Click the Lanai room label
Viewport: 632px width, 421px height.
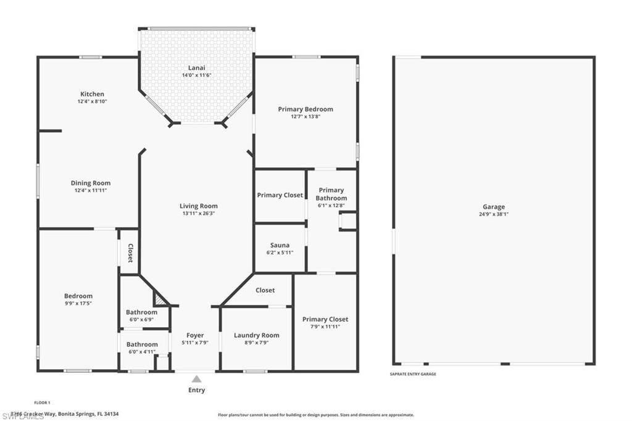click(197, 67)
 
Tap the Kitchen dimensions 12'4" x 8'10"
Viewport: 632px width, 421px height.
click(92, 101)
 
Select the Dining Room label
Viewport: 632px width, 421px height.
click(91, 183)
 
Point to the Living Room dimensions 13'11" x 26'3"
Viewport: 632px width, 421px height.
click(198, 214)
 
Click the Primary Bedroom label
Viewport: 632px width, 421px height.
click(305, 109)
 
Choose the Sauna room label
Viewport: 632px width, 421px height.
click(280, 245)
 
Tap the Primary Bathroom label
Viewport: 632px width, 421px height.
click(331, 194)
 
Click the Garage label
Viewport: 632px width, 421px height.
click(494, 207)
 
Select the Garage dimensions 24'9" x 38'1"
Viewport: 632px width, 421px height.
click(494, 214)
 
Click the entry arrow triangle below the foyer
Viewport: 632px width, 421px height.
click(196, 379)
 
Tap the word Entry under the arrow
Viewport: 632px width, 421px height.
click(196, 390)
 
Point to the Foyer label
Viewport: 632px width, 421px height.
click(195, 335)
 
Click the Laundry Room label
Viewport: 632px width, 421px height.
click(256, 335)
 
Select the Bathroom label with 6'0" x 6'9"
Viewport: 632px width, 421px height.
click(142, 312)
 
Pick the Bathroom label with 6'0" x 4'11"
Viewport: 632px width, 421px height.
click(142, 344)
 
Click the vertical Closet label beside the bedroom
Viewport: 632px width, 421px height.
click(130, 252)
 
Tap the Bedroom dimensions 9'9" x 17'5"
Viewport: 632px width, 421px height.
click(78, 303)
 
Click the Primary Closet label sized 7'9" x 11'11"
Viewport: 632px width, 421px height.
click(325, 319)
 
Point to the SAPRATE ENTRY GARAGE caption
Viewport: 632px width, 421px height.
click(413, 374)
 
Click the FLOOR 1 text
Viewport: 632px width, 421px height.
click(43, 402)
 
